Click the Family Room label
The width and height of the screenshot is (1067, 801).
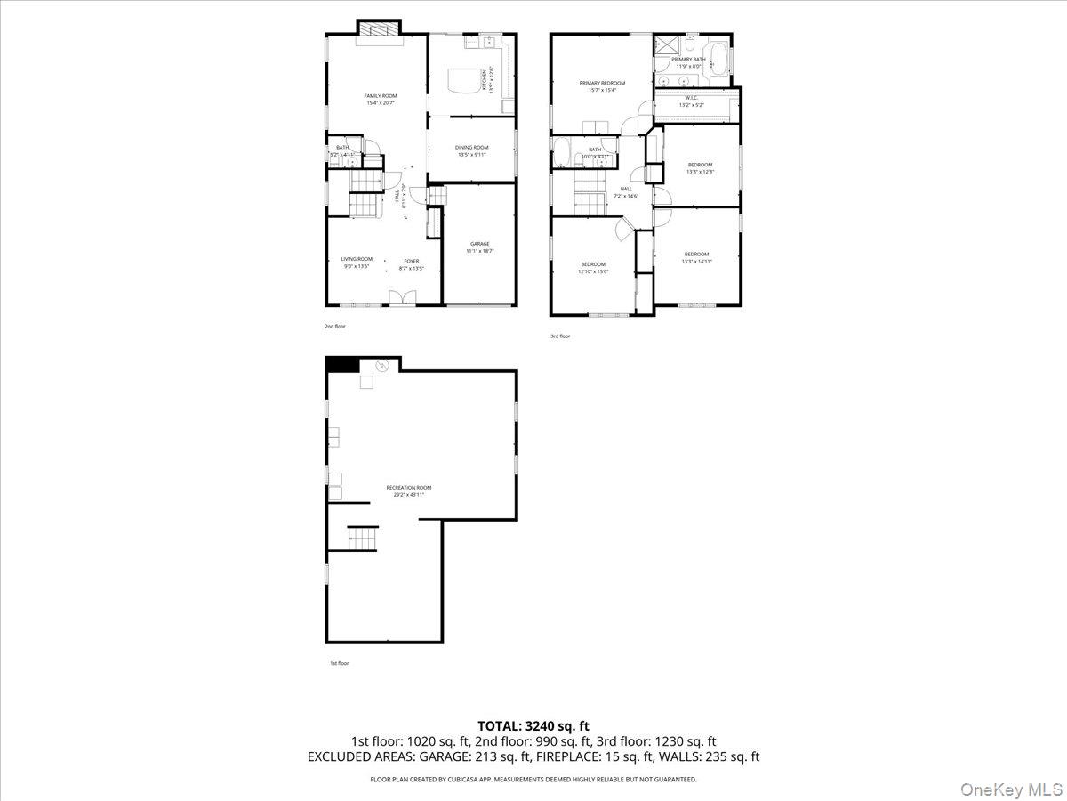tap(380, 99)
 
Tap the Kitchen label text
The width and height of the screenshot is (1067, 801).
tap(485, 80)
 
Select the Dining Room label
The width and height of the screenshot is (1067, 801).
tap(472, 150)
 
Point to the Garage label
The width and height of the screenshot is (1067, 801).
tap(480, 247)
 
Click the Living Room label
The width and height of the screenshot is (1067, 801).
tap(357, 263)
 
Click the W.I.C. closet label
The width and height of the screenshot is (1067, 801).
tap(691, 101)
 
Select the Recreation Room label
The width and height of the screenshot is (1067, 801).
tap(409, 490)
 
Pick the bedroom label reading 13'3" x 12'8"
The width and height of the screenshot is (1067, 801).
tap(700, 168)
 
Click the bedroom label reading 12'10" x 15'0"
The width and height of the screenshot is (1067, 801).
tap(593, 267)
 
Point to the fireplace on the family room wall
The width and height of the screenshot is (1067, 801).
tap(380, 28)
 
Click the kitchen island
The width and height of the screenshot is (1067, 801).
tap(462, 80)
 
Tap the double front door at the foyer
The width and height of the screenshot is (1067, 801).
tap(402, 298)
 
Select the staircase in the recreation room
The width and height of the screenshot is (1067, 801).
tap(362, 538)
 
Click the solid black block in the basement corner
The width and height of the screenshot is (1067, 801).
tap(342, 364)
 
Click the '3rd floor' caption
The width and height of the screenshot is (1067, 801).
tap(560, 336)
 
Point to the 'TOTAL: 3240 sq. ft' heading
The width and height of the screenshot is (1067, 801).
tap(533, 726)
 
